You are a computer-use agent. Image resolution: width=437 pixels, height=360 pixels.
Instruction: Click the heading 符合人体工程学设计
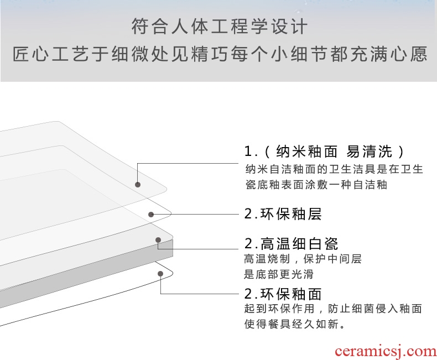click(219, 26)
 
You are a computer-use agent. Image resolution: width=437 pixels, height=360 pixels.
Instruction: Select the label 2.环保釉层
click(283, 214)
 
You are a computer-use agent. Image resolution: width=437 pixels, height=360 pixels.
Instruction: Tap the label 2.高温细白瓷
click(291, 243)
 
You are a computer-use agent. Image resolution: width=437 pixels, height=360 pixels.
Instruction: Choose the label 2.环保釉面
click(283, 294)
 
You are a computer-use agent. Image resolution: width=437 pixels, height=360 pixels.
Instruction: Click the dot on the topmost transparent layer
click(138, 185)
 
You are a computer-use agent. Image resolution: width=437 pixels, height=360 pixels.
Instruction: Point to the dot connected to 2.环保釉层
click(150, 214)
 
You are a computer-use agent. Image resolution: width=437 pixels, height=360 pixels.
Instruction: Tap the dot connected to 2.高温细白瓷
click(158, 240)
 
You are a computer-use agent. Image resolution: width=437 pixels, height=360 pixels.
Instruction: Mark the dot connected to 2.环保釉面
click(160, 273)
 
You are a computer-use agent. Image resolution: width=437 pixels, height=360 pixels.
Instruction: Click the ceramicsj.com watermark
click(386, 351)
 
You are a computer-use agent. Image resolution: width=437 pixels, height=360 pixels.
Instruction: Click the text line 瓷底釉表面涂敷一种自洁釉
click(316, 185)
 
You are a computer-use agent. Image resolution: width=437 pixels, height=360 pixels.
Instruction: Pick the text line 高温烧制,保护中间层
click(303, 259)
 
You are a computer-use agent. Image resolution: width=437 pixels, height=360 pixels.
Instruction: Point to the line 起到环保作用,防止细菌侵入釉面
click(333, 309)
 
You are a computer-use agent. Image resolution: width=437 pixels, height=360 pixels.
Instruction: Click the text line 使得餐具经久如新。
click(295, 324)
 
